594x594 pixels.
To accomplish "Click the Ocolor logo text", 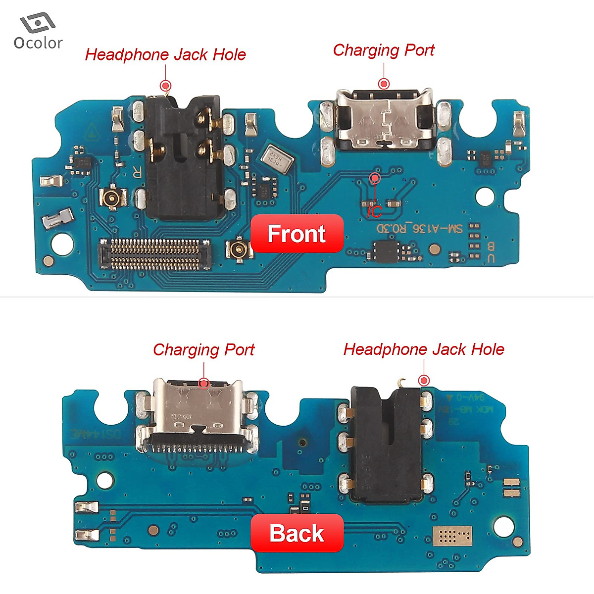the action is click(38, 43).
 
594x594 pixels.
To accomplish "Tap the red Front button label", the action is click(297, 234).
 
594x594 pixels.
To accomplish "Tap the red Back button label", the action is click(297, 533).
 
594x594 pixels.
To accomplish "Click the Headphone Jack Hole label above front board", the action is click(165, 54).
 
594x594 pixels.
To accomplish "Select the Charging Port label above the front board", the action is click(384, 50).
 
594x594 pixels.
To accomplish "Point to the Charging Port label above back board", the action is click(203, 349).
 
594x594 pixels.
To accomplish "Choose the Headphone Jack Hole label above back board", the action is click(424, 349).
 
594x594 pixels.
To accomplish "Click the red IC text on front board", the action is click(374, 212).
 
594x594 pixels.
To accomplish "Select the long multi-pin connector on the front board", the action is click(155, 254).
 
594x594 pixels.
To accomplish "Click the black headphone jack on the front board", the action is click(181, 158).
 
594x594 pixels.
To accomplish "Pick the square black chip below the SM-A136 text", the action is click(386, 251).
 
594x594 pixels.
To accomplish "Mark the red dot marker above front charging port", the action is click(384, 83).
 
